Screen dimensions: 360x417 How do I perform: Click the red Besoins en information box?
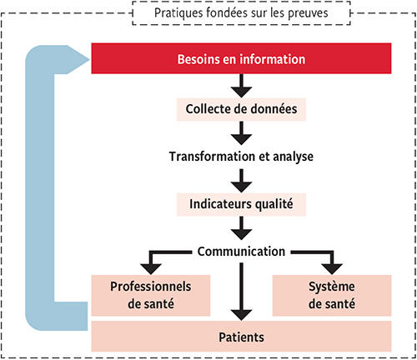point(241,60)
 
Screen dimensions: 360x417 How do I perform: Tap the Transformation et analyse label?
point(240,156)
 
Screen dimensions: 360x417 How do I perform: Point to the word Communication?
point(242,250)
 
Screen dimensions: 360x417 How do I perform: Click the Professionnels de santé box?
point(151,294)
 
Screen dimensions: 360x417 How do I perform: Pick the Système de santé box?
point(331,294)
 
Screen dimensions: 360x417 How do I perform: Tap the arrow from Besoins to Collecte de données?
point(241,84)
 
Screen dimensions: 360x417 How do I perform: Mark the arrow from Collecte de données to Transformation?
point(241,132)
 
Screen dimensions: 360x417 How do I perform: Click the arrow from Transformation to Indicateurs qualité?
point(241,179)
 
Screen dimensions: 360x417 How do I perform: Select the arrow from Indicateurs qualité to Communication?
point(241,227)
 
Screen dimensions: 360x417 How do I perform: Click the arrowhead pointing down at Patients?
point(241,313)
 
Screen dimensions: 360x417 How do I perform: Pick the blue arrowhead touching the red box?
point(80,59)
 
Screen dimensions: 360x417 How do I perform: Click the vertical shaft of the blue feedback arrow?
point(40,183)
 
